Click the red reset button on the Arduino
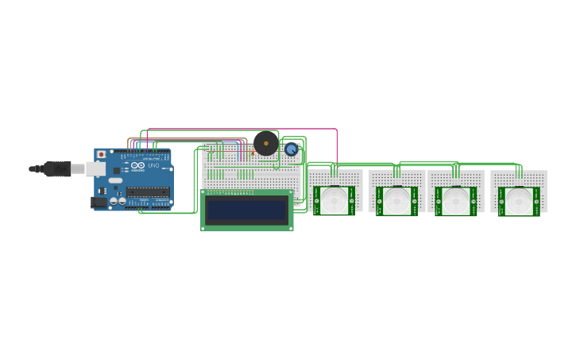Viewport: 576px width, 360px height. [101, 154]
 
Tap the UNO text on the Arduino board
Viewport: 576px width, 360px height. [154, 165]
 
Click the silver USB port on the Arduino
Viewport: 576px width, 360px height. [96, 169]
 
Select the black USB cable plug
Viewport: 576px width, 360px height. [56, 168]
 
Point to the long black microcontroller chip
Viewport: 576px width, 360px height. [148, 192]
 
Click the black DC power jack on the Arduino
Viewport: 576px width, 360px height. [99, 203]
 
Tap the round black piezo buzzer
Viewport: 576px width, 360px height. [265, 143]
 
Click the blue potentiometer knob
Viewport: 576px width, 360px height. [292, 149]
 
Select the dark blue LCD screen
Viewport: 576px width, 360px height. [246, 211]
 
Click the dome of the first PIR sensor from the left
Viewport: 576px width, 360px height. [334, 199]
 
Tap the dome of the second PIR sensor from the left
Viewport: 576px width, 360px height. [396, 199]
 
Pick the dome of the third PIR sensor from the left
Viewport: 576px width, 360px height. [456, 199]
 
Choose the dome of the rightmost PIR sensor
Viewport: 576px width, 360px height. [519, 199]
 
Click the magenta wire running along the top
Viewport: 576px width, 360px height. [238, 129]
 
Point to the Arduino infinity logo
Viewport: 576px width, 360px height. [137, 165]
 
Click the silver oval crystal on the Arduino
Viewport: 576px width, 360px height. [116, 180]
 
